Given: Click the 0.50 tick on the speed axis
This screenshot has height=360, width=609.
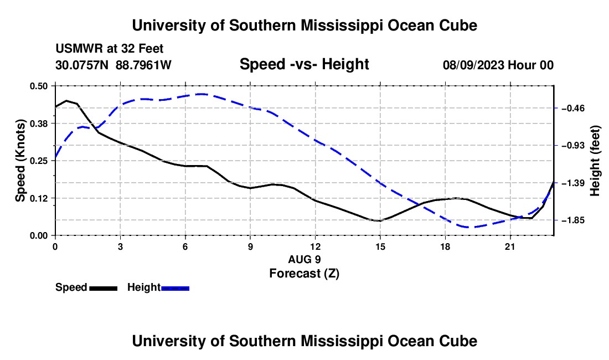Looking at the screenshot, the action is [x=38, y=86].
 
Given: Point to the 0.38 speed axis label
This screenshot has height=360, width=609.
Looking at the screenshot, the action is [x=38, y=124].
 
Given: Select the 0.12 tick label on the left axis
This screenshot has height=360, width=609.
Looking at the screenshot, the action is [x=38, y=198].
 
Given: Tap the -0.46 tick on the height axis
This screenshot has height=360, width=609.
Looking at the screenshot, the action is [x=573, y=109].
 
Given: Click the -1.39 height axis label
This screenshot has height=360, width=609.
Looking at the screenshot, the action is [x=573, y=183].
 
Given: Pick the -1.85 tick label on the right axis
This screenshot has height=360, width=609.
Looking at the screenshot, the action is [x=573, y=220].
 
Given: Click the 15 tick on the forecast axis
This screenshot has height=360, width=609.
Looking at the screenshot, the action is [x=380, y=246].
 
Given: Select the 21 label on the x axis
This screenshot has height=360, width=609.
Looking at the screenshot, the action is [x=509, y=246].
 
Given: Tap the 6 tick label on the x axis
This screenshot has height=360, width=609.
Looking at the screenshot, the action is [x=185, y=246].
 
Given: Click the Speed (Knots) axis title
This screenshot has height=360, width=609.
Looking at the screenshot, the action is [x=20, y=161].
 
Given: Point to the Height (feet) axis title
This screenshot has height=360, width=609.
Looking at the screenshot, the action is [x=595, y=161].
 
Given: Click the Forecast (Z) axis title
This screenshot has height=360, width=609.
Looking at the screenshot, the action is [x=304, y=274].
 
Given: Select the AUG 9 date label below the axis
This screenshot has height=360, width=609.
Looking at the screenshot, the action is [x=304, y=259].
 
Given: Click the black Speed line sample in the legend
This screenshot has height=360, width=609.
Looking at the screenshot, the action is [x=104, y=289].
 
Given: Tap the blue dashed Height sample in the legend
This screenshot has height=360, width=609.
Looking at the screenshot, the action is [x=175, y=289].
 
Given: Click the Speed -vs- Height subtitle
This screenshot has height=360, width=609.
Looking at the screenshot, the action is [x=304, y=64].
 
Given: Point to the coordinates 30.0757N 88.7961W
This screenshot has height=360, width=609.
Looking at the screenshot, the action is [x=113, y=65].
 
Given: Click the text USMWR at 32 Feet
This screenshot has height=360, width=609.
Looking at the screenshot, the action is [x=110, y=49].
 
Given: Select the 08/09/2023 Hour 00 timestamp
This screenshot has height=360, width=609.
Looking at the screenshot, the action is [x=498, y=65].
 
